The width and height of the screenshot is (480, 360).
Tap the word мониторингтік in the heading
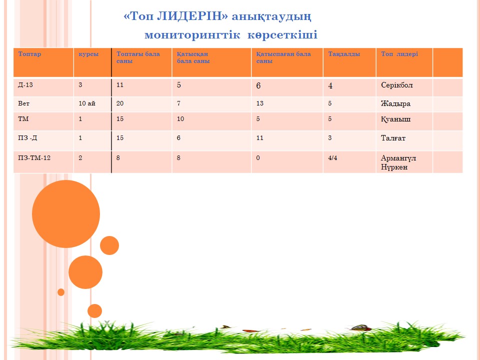(192, 35)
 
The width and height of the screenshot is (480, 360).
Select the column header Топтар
(29, 54)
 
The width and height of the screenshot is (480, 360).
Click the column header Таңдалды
(344, 54)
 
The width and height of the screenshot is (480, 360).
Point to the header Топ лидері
(399, 54)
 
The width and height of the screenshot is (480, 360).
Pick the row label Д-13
(25, 85)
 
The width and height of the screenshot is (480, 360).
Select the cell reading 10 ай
(87, 103)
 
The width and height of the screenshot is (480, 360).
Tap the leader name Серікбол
(396, 85)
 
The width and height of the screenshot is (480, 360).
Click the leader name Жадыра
(395, 104)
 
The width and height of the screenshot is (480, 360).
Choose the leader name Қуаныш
(395, 119)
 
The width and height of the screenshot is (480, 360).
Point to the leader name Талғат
(393, 138)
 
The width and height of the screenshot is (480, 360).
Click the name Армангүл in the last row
(398, 158)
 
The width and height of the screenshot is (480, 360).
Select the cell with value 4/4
(333, 158)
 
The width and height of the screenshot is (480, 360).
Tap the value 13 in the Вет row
(260, 103)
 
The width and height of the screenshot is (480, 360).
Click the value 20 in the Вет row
(120, 103)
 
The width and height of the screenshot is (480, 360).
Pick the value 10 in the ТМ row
(180, 119)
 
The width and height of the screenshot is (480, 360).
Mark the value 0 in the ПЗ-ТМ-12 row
(258, 158)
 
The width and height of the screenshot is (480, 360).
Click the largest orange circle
(66, 213)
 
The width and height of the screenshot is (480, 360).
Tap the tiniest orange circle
(61, 292)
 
